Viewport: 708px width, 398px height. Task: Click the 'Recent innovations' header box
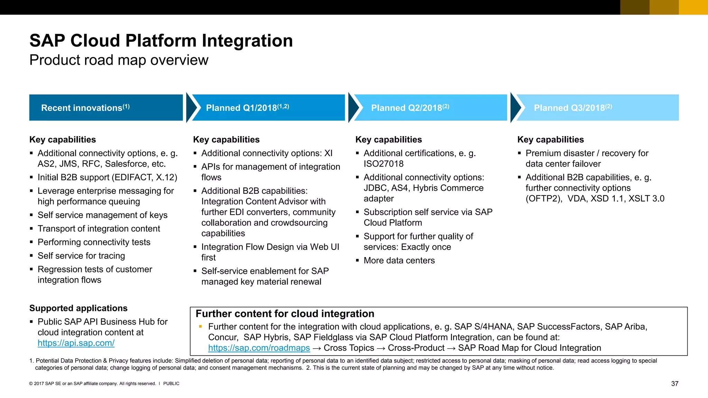pyautogui.click(x=106, y=107)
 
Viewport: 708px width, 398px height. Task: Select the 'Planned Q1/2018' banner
pyautogui.click(x=268, y=107)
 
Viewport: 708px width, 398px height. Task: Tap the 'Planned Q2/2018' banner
pyautogui.click(x=430, y=107)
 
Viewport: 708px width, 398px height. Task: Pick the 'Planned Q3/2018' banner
pyautogui.click(x=597, y=107)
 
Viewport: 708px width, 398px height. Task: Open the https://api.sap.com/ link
pyautogui.click(x=76, y=343)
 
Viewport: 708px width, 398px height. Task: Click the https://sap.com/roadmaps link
pyautogui.click(x=259, y=348)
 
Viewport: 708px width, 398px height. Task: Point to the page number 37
pyautogui.click(x=674, y=383)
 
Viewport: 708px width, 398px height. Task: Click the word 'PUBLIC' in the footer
pyautogui.click(x=171, y=383)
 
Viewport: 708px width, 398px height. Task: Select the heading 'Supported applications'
pyautogui.click(x=78, y=308)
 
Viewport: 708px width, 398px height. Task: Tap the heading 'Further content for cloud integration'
pyautogui.click(x=285, y=314)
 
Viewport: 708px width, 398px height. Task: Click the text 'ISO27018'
pyautogui.click(x=383, y=164)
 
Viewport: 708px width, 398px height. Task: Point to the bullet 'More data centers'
pyautogui.click(x=399, y=260)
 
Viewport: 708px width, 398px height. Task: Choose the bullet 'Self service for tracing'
pyautogui.click(x=81, y=256)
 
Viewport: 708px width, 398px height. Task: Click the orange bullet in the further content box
pyautogui.click(x=200, y=326)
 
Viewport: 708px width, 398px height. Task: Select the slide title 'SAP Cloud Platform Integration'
pyautogui.click(x=161, y=41)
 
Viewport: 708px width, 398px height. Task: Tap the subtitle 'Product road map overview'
pyautogui.click(x=119, y=60)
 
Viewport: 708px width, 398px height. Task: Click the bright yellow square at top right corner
pyautogui.click(x=693, y=7)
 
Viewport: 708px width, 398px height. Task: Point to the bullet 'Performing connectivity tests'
pyautogui.click(x=94, y=242)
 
